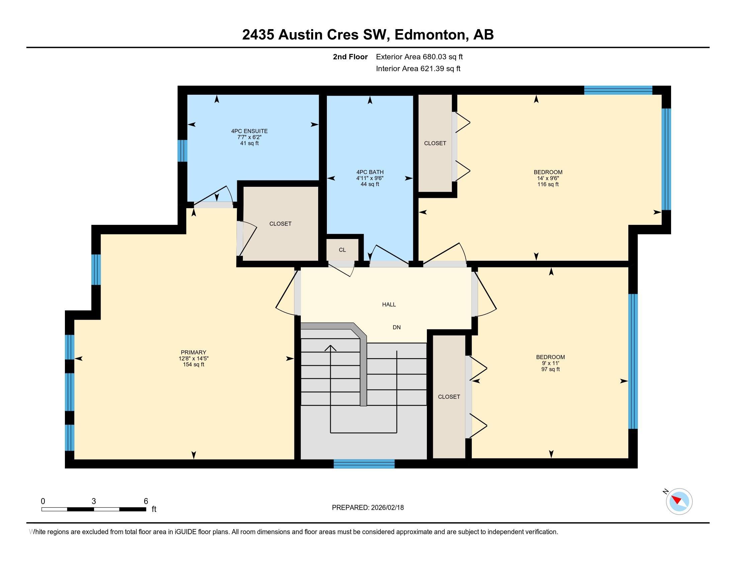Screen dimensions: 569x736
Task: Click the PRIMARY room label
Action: pyautogui.click(x=193, y=352)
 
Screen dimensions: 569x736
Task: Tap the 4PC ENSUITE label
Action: pyautogui.click(x=249, y=131)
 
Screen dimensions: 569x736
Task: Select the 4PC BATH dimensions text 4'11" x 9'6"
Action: pyautogui.click(x=370, y=178)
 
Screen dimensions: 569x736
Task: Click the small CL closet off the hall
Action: pyautogui.click(x=342, y=250)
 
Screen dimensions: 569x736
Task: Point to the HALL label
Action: pyautogui.click(x=388, y=304)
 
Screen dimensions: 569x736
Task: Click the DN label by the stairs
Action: pyautogui.click(x=396, y=327)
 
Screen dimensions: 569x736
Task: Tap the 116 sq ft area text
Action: pyautogui.click(x=548, y=184)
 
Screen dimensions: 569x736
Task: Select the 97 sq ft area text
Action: pyautogui.click(x=550, y=370)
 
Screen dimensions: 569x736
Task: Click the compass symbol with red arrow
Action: pyautogui.click(x=679, y=501)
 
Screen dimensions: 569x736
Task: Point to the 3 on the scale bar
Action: pyautogui.click(x=94, y=501)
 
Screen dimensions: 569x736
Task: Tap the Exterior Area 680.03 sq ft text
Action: pyautogui.click(x=419, y=57)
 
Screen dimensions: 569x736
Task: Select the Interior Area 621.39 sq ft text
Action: pyautogui.click(x=418, y=69)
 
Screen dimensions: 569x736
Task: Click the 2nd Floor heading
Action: pyautogui.click(x=350, y=57)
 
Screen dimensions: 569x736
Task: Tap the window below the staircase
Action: pyautogui.click(x=364, y=464)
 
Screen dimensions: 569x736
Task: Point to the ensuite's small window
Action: pyautogui.click(x=182, y=151)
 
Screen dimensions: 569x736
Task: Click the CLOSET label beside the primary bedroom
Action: pyautogui.click(x=280, y=224)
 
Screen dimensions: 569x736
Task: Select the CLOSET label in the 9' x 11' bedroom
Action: pyautogui.click(x=449, y=397)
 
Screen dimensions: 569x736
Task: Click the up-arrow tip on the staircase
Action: pyautogui.click(x=330, y=346)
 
